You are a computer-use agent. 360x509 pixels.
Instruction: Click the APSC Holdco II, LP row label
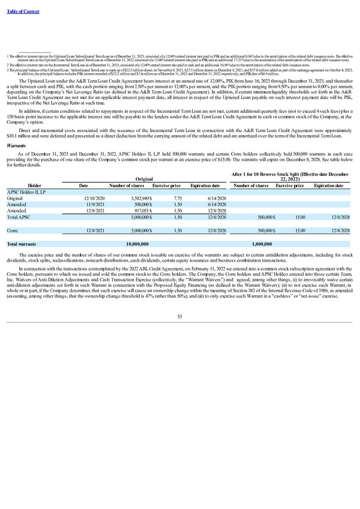[x=26, y=175]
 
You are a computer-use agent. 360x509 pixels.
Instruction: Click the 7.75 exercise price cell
[x=178, y=181]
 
